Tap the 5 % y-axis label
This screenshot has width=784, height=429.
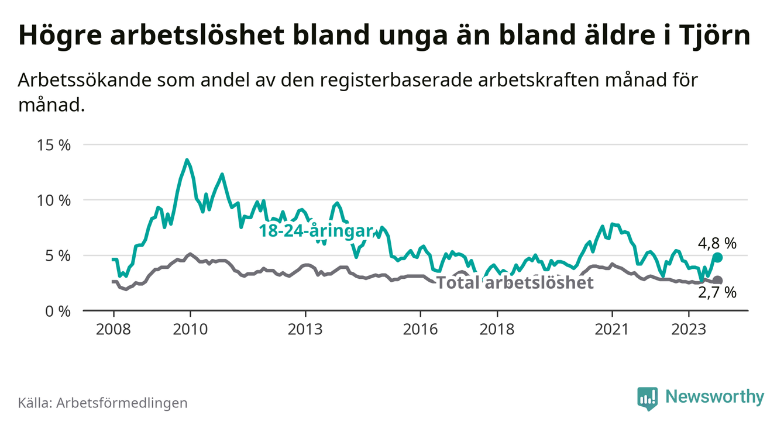point(57,255)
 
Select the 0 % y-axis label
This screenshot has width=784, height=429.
point(57,311)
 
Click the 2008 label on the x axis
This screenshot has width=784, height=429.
point(113,328)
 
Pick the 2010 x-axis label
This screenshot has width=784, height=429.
point(190,328)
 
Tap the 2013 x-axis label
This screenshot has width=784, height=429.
point(305,328)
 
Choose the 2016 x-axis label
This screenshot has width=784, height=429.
point(420,328)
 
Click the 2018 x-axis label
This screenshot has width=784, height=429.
point(497,328)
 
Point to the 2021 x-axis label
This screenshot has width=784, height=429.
point(612,328)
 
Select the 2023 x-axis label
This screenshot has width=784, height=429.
point(689,328)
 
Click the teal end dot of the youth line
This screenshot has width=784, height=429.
point(718,257)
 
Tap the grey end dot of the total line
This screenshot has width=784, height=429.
point(718,281)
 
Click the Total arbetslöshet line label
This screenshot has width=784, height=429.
point(515,283)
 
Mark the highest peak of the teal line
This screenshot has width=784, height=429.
point(187,160)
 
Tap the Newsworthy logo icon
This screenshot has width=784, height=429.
point(647,398)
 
